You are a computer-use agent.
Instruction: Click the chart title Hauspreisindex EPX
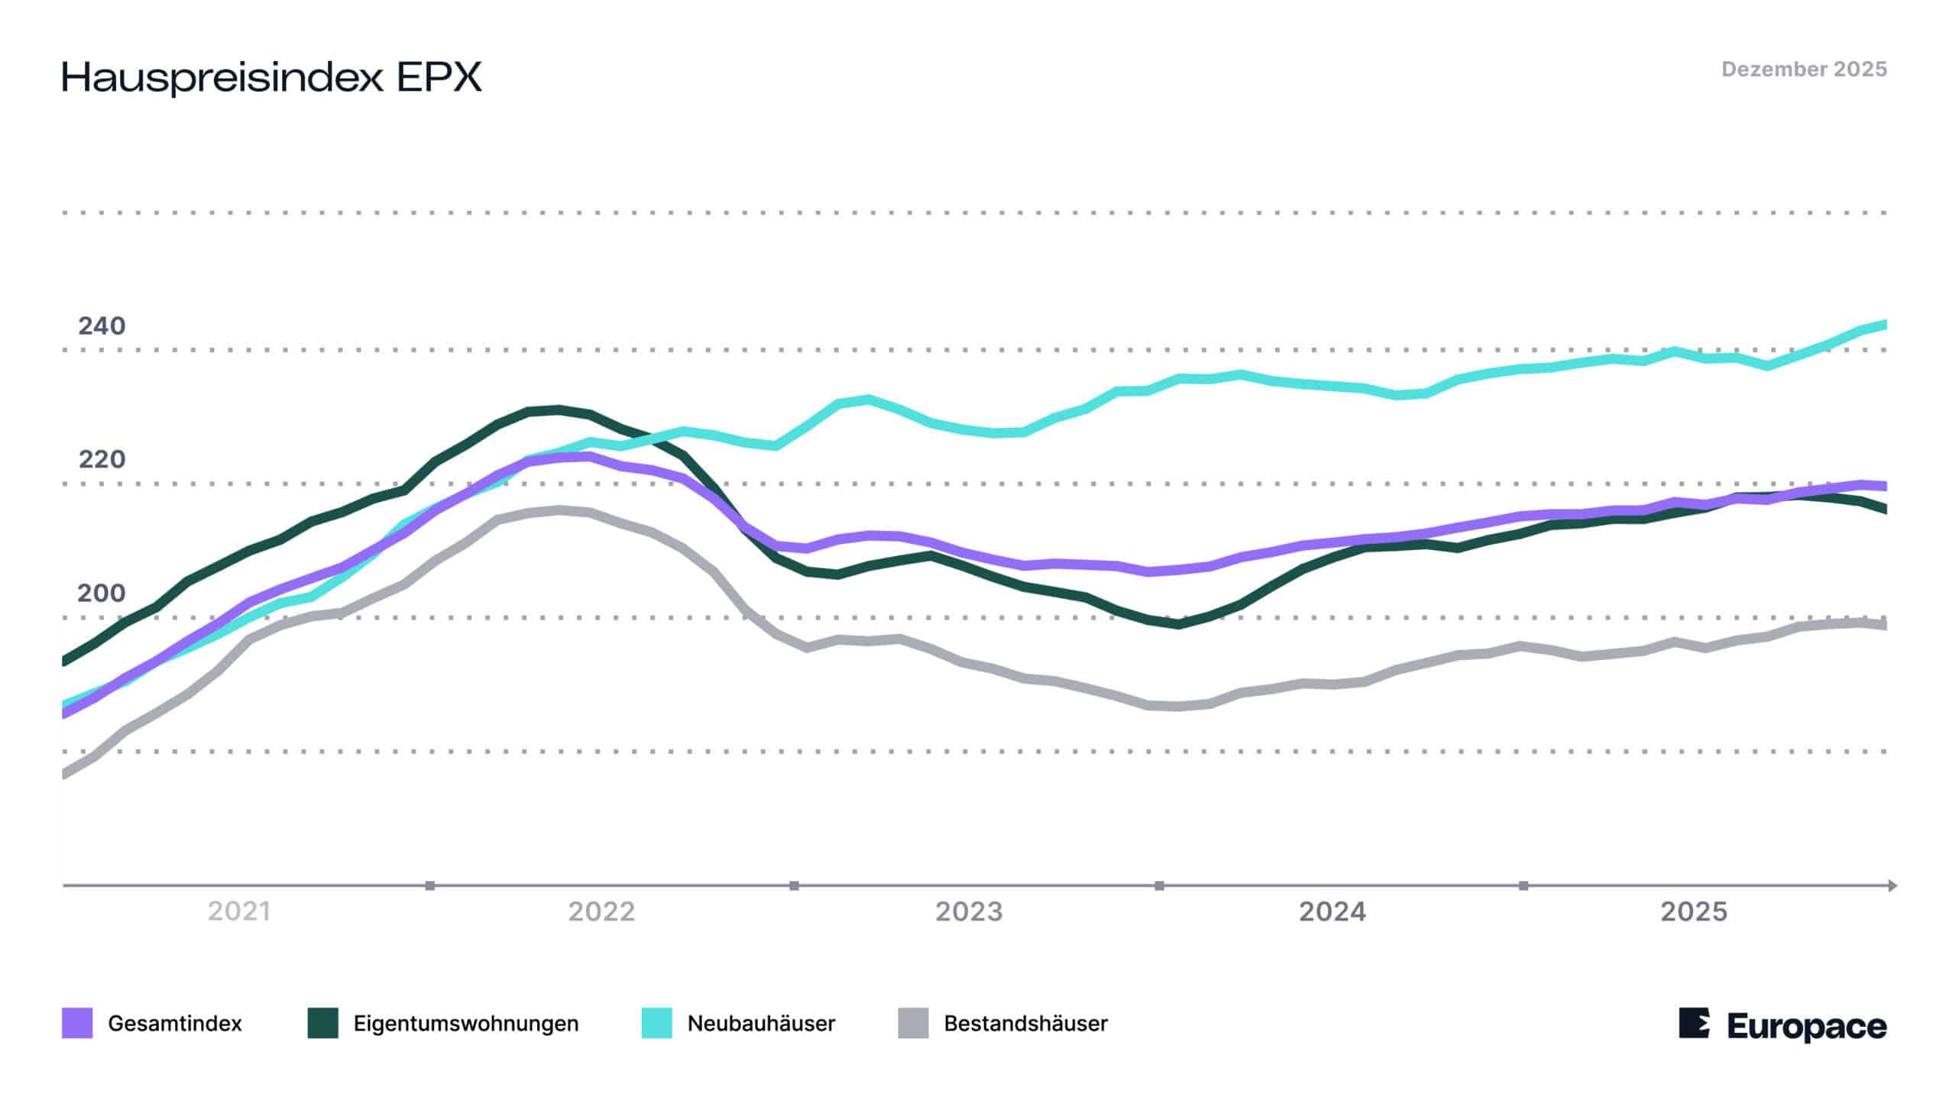click(271, 77)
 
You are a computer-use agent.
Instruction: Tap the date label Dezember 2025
click(1804, 70)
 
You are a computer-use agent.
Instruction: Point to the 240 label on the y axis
click(102, 326)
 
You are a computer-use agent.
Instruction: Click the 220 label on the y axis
click(102, 459)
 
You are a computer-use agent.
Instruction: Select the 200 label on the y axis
click(102, 593)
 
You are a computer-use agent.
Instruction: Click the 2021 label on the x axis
click(239, 911)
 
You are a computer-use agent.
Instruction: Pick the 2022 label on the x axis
click(602, 911)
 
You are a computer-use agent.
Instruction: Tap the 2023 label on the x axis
click(969, 911)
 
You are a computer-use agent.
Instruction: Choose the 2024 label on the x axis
click(1333, 911)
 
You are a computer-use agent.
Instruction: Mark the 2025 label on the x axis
click(1694, 911)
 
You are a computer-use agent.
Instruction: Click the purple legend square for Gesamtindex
click(77, 1023)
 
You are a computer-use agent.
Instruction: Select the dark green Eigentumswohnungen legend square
click(323, 1023)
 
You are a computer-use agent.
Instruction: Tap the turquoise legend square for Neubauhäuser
click(657, 1023)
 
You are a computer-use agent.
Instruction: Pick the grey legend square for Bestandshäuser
click(914, 1023)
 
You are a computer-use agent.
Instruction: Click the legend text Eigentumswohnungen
click(466, 1024)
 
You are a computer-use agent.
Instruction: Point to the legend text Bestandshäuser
click(1026, 1024)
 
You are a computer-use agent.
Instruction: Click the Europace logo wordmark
click(1806, 1026)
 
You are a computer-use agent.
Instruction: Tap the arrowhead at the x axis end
click(1892, 885)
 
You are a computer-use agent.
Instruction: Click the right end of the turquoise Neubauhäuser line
click(1884, 325)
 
